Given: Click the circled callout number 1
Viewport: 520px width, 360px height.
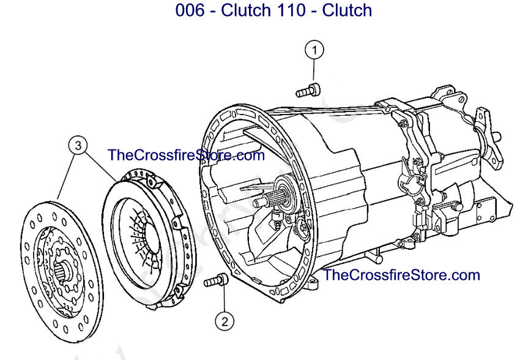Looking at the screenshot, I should click(314, 49).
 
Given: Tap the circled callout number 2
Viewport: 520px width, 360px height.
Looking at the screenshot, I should click(224, 320).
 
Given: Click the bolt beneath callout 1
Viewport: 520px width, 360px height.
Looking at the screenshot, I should click(308, 91).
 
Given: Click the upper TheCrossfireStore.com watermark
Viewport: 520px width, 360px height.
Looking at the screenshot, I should click(186, 155).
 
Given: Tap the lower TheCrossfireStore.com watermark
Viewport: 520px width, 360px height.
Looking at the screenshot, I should click(401, 275).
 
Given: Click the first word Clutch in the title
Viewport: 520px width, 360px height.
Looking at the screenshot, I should click(244, 10).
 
